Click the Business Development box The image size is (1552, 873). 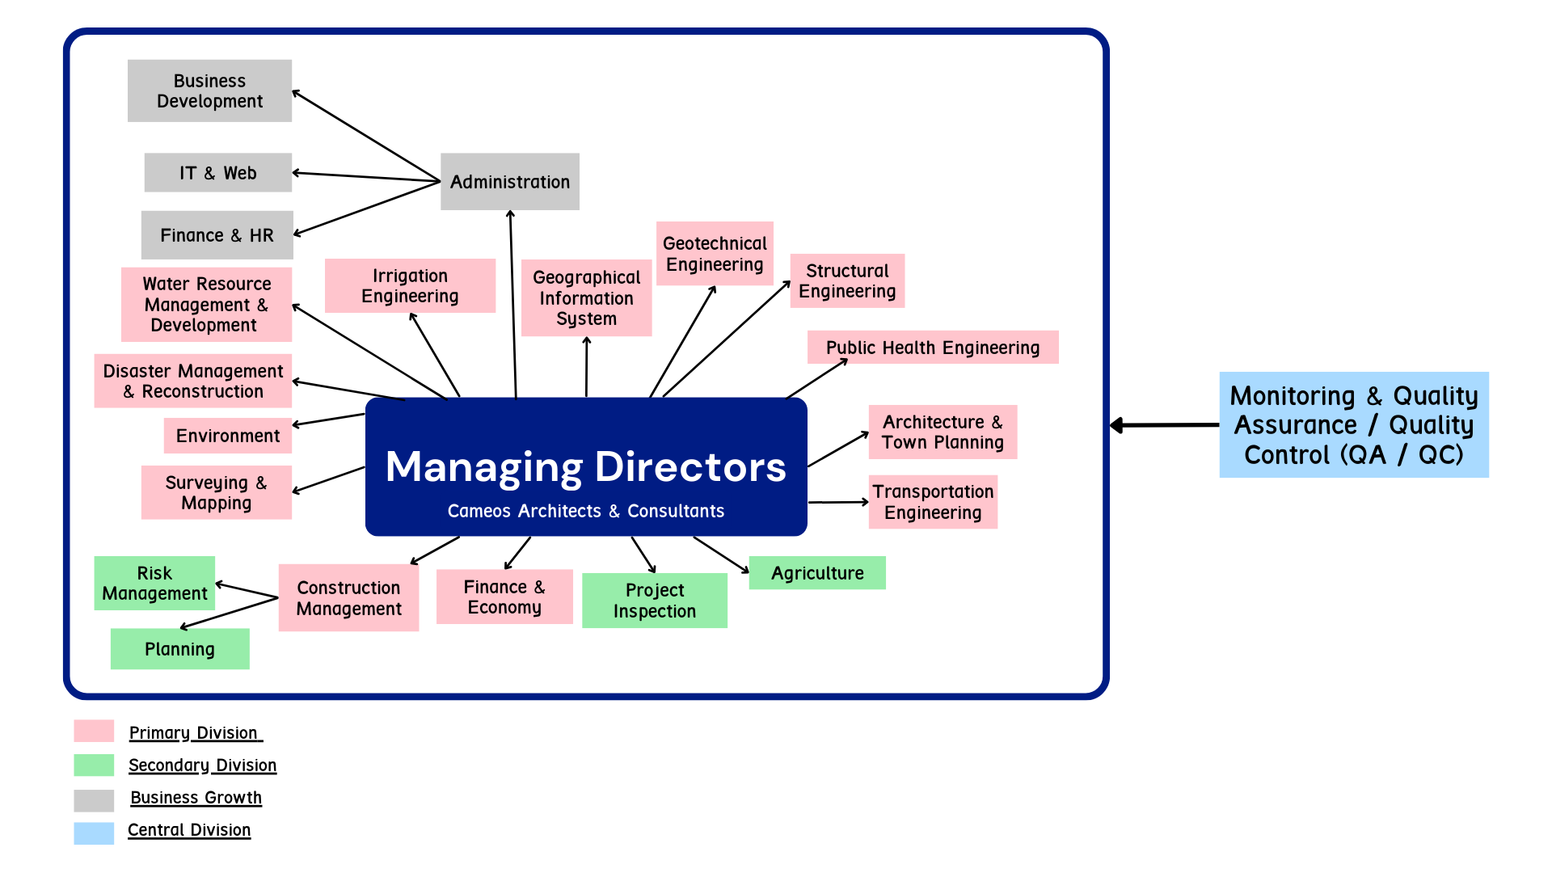[209, 91]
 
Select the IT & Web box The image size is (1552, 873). [217, 173]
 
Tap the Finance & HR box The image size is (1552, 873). [217, 235]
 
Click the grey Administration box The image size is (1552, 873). [509, 182]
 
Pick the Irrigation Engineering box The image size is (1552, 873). [410, 285]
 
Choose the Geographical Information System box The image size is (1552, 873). [586, 297]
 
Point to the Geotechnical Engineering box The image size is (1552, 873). [715, 254]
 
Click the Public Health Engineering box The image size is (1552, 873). [932, 348]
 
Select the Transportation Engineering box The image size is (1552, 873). [933, 502]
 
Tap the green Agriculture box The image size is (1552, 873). [817, 573]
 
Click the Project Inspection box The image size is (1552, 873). [654, 601]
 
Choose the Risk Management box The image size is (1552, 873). [154, 583]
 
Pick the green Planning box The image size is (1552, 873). [179, 649]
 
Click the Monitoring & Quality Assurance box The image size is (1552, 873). [1353, 424]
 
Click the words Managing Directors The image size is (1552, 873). [585, 466]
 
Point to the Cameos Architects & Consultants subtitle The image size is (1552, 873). [585, 511]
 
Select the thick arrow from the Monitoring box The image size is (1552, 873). [1164, 425]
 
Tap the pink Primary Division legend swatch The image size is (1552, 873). [94, 732]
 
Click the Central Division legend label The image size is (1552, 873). [189, 830]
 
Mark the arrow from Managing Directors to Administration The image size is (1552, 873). [512, 303]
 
